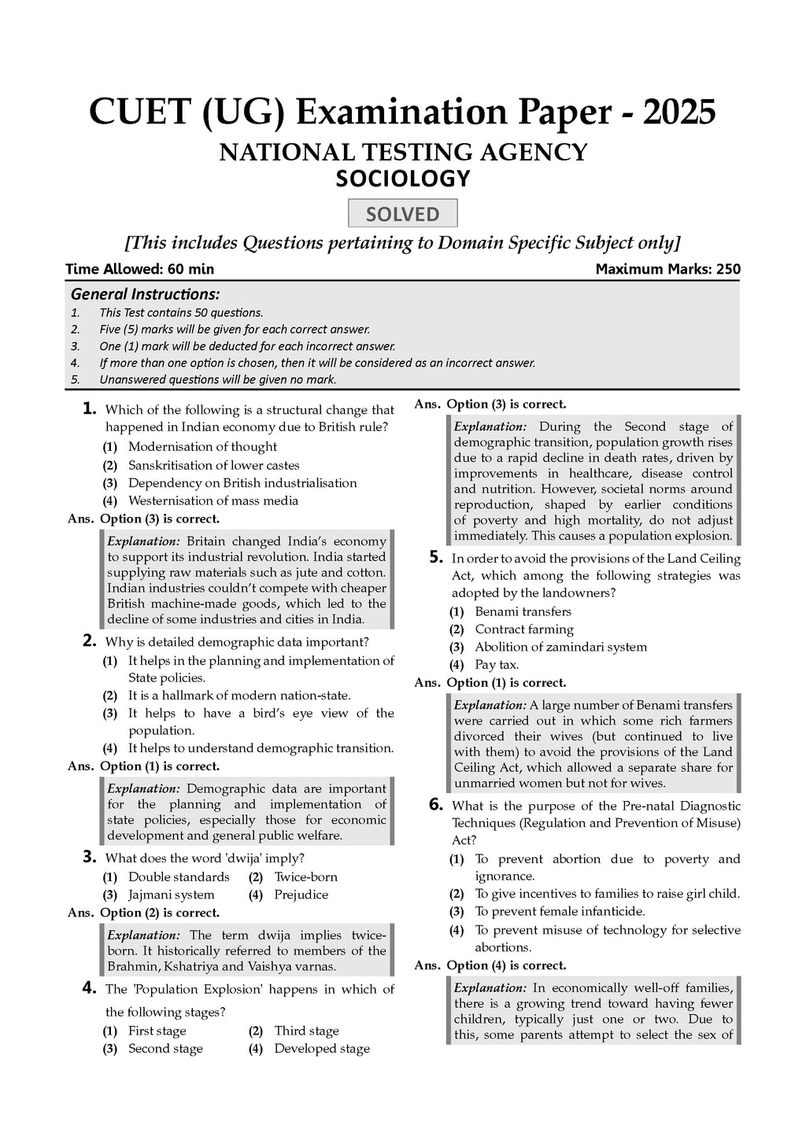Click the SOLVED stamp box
(x=403, y=214)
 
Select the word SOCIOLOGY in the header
(x=403, y=179)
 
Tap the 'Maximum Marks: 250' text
(x=667, y=269)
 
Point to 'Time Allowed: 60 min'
(x=139, y=269)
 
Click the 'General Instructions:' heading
(x=146, y=294)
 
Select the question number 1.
(x=89, y=408)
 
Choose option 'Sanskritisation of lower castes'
(x=213, y=466)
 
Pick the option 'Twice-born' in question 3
(x=305, y=877)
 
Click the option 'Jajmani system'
(x=171, y=895)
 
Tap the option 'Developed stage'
(x=322, y=1049)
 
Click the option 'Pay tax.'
(x=497, y=665)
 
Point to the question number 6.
(x=436, y=805)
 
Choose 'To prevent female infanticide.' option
(x=560, y=912)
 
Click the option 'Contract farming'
(x=524, y=629)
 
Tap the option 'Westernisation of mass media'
(x=213, y=500)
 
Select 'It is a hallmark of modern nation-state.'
(x=239, y=696)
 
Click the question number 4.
(x=89, y=988)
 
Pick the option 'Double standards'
(x=179, y=877)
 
